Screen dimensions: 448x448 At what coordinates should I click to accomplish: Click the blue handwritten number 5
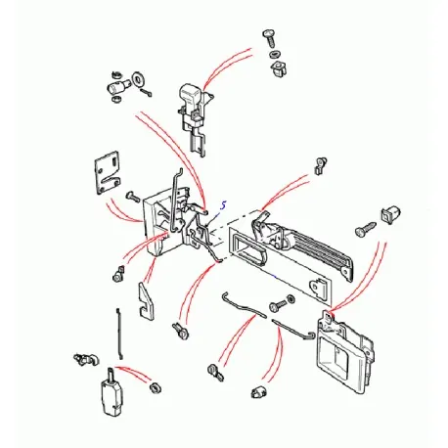[223, 205]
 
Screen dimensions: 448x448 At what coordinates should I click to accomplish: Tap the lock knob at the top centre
[191, 98]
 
